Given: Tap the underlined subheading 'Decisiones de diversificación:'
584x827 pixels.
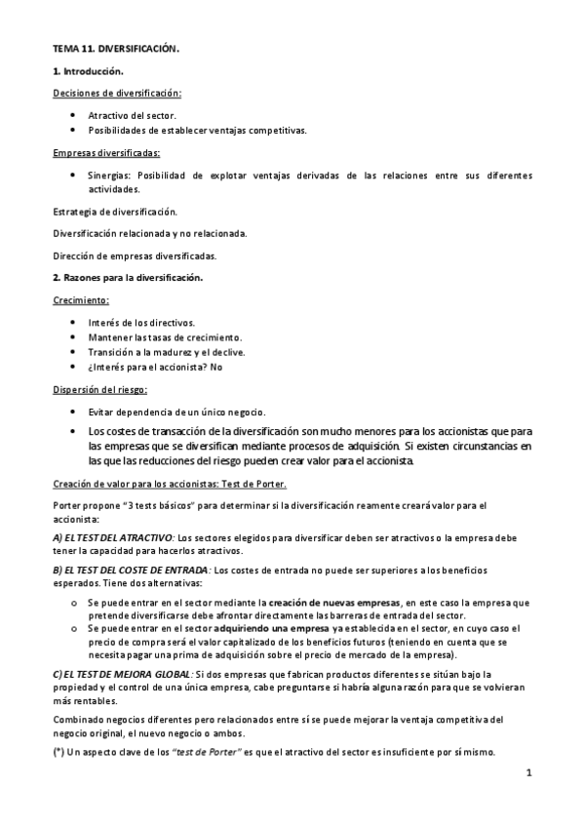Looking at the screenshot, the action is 116,93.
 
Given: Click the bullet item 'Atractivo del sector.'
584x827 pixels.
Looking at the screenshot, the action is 132,115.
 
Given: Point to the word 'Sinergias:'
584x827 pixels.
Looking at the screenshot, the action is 109,176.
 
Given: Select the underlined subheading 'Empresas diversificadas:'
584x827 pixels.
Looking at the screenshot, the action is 106,153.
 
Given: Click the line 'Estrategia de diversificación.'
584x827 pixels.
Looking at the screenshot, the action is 114,211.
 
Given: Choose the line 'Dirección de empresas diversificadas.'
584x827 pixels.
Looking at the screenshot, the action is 134,256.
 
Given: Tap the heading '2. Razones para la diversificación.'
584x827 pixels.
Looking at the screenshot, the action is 127,278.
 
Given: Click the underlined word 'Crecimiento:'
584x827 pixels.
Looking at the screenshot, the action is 80,299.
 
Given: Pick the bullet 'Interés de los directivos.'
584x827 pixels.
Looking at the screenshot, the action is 141,322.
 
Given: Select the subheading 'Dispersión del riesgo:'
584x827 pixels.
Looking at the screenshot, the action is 100,390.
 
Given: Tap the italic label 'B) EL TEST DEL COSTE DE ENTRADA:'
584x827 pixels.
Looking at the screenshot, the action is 131,568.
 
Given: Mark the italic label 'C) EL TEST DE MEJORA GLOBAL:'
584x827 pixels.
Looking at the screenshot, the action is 122,674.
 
